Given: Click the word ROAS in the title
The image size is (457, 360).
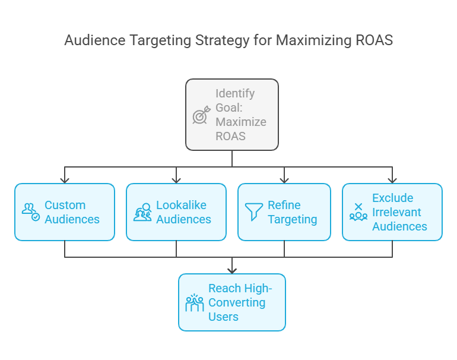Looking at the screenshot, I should pyautogui.click(x=375, y=40).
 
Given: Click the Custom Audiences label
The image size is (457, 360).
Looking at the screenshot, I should pyautogui.click(x=72, y=212).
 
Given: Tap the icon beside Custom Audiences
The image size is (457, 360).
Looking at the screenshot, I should pyautogui.click(x=31, y=212).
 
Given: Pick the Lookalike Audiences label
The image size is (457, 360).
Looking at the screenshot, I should pyautogui.click(x=183, y=212).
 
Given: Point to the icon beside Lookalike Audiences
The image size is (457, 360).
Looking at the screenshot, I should pyautogui.click(x=142, y=212).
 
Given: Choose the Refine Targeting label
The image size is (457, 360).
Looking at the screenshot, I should pyautogui.click(x=292, y=212).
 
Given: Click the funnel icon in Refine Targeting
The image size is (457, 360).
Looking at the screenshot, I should pyautogui.click(x=253, y=212).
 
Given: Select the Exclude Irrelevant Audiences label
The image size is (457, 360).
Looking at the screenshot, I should pyautogui.click(x=399, y=212).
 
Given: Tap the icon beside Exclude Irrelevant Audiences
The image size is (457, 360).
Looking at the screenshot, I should pyautogui.click(x=358, y=212).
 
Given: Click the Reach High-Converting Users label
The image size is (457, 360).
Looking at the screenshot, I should pyautogui.click(x=236, y=302).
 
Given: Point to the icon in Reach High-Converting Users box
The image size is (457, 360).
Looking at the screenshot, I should pyautogui.click(x=195, y=302).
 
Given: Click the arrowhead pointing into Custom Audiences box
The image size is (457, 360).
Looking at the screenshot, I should pyautogui.click(x=65, y=179).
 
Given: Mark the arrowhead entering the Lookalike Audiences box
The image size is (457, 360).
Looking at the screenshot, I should pyautogui.click(x=176, y=179).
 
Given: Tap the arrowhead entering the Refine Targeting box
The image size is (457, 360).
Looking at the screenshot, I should pyautogui.click(x=284, y=179).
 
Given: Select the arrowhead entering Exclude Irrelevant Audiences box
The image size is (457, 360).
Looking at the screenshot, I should pyautogui.click(x=392, y=179).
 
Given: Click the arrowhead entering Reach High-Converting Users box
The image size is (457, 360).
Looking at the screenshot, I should pyautogui.click(x=232, y=270).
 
